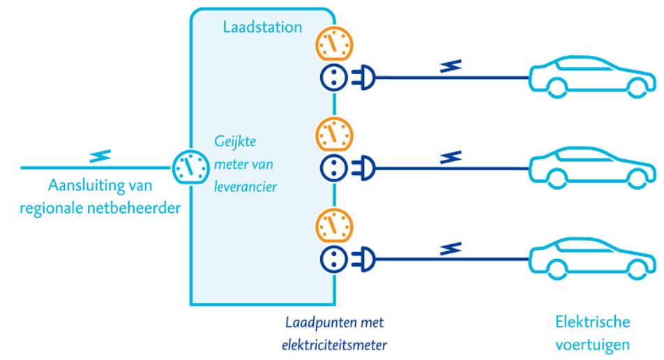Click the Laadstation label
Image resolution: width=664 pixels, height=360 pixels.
(x=262, y=28)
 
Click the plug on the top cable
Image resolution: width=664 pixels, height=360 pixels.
(x=365, y=78)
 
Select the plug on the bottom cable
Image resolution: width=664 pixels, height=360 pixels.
(x=365, y=259)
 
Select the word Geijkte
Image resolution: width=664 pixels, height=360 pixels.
(x=236, y=140)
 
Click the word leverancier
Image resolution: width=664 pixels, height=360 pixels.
(x=243, y=186)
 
